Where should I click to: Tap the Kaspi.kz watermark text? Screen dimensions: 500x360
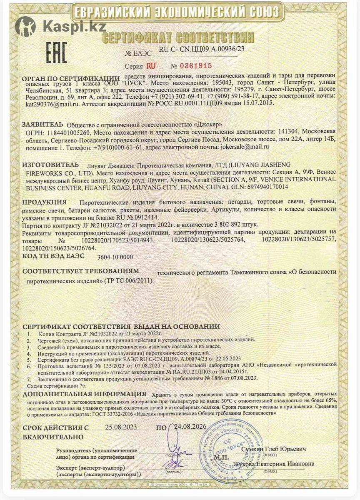coord(74,27)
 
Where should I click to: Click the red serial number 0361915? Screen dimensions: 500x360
coord(195,66)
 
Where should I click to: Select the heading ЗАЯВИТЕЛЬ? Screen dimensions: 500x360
coord(42,124)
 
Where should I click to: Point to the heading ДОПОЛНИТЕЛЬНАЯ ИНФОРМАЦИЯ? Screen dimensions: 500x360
coord(84,394)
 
